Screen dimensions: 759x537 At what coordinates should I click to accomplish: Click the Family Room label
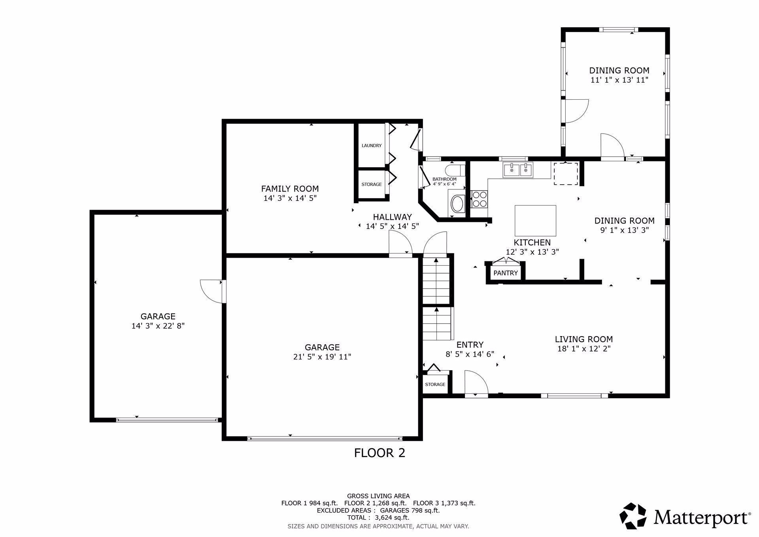pos(290,189)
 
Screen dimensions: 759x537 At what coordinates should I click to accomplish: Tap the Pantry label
pos(506,273)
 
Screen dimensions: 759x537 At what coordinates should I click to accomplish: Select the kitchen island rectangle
pos(535,221)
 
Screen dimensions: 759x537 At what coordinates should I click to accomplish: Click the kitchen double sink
pos(518,170)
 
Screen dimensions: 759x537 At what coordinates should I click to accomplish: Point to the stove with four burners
pos(480,199)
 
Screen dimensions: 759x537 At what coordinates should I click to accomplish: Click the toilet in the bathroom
pos(455,171)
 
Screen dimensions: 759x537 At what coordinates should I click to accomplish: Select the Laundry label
pos(372,146)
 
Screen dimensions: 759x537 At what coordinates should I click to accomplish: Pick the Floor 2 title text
pos(379,453)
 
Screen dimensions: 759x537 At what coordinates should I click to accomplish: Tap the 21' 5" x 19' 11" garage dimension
pos(322,357)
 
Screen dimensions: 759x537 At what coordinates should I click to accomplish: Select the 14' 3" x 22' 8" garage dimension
pos(158,326)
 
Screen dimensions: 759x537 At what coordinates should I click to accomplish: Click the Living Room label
pos(584,339)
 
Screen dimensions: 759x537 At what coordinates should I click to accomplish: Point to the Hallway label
pos(393,217)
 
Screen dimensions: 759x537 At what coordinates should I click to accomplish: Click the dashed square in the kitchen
pos(566,174)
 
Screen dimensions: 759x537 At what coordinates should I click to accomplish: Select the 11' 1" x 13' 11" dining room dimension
pos(619,80)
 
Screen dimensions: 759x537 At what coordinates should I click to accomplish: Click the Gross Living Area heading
pos(378,496)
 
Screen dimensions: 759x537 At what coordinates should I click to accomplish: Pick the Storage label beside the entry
pos(435,384)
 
